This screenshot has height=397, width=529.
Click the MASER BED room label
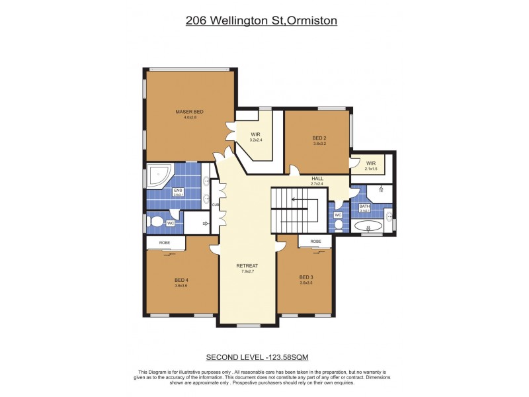189,112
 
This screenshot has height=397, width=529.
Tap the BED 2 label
319,138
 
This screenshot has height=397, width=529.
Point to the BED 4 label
181,280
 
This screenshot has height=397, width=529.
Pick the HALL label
317,179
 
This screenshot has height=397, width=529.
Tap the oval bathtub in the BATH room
368,226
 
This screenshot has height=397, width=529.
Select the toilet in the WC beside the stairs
339,224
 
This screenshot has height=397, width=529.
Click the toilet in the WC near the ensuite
156,221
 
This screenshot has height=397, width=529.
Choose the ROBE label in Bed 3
316,242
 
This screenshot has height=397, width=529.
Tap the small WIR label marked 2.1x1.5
370,163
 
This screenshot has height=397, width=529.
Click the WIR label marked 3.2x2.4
255,134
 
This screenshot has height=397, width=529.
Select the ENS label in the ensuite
177,191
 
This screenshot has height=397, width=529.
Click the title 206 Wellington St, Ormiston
262,21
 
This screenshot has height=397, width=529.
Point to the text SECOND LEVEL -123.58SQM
263,357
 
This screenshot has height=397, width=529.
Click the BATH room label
364,206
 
